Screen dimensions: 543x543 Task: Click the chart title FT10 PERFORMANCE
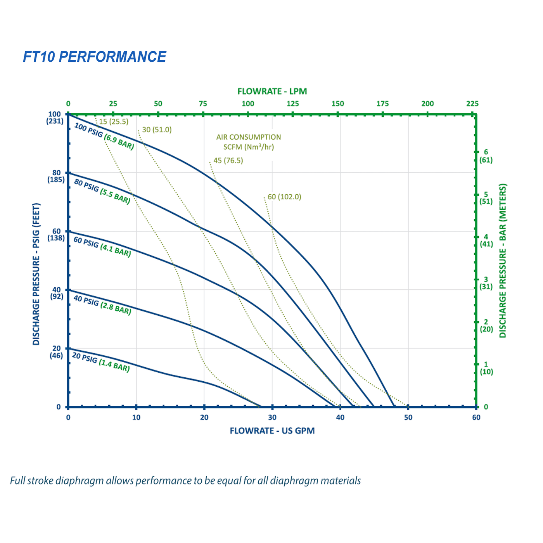pyautogui.click(x=94, y=57)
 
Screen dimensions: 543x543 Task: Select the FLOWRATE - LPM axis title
pyautogui.click(x=272, y=92)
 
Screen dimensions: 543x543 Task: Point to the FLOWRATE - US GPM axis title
pyautogui.click(x=272, y=431)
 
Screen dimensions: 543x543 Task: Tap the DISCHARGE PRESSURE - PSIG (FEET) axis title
pyautogui.click(x=36, y=274)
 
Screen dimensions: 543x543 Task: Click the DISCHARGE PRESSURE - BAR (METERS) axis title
pyautogui.click(x=503, y=261)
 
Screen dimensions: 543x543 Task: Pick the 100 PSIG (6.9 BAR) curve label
pyautogui.click(x=104, y=137)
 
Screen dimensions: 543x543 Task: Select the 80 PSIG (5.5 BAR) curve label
pyautogui.click(x=102, y=192)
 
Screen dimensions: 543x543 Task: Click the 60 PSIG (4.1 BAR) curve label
pyautogui.click(x=102, y=247)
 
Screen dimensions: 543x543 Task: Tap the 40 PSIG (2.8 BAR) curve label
pyautogui.click(x=102, y=305)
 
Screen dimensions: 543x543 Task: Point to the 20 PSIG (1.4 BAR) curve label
pyautogui.click(x=101, y=362)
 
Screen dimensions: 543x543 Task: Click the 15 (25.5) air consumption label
pyautogui.click(x=113, y=122)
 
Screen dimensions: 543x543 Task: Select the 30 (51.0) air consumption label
pyautogui.click(x=157, y=130)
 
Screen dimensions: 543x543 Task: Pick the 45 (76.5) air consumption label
pyautogui.click(x=228, y=161)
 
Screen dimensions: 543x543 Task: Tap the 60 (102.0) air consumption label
pyautogui.click(x=284, y=197)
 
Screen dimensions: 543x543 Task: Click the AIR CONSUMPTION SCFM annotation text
pyautogui.click(x=249, y=142)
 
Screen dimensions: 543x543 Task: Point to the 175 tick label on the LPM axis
pyautogui.click(x=382, y=104)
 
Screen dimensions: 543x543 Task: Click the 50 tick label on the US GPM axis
pyautogui.click(x=408, y=418)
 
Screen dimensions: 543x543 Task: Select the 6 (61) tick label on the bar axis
pyautogui.click(x=486, y=156)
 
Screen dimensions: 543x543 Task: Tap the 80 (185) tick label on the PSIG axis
pyautogui.click(x=56, y=176)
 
